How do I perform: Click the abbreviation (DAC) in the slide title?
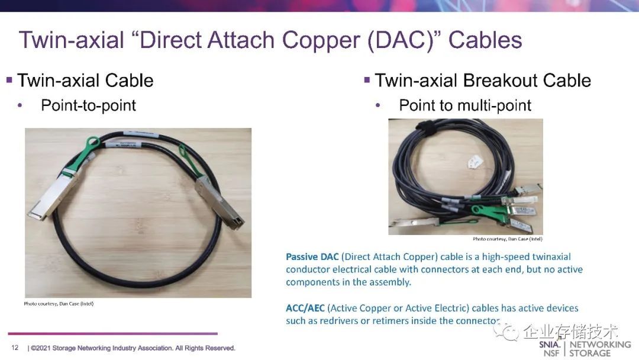(x=404, y=41)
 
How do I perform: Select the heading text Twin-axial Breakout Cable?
(x=483, y=81)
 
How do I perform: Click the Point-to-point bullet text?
(x=88, y=105)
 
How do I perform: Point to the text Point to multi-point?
(x=465, y=105)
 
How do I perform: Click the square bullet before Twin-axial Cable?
(x=9, y=79)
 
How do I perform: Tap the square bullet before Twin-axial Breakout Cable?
(x=367, y=79)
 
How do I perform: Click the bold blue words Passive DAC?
(x=312, y=257)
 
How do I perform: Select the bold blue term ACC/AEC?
(x=305, y=308)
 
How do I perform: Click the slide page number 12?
(x=15, y=348)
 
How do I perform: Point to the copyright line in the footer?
(x=131, y=348)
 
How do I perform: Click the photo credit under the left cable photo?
(x=59, y=304)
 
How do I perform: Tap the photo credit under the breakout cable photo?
(x=508, y=239)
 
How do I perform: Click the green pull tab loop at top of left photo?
(x=92, y=143)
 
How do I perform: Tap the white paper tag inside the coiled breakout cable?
(x=475, y=162)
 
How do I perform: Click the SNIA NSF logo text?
(x=549, y=349)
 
